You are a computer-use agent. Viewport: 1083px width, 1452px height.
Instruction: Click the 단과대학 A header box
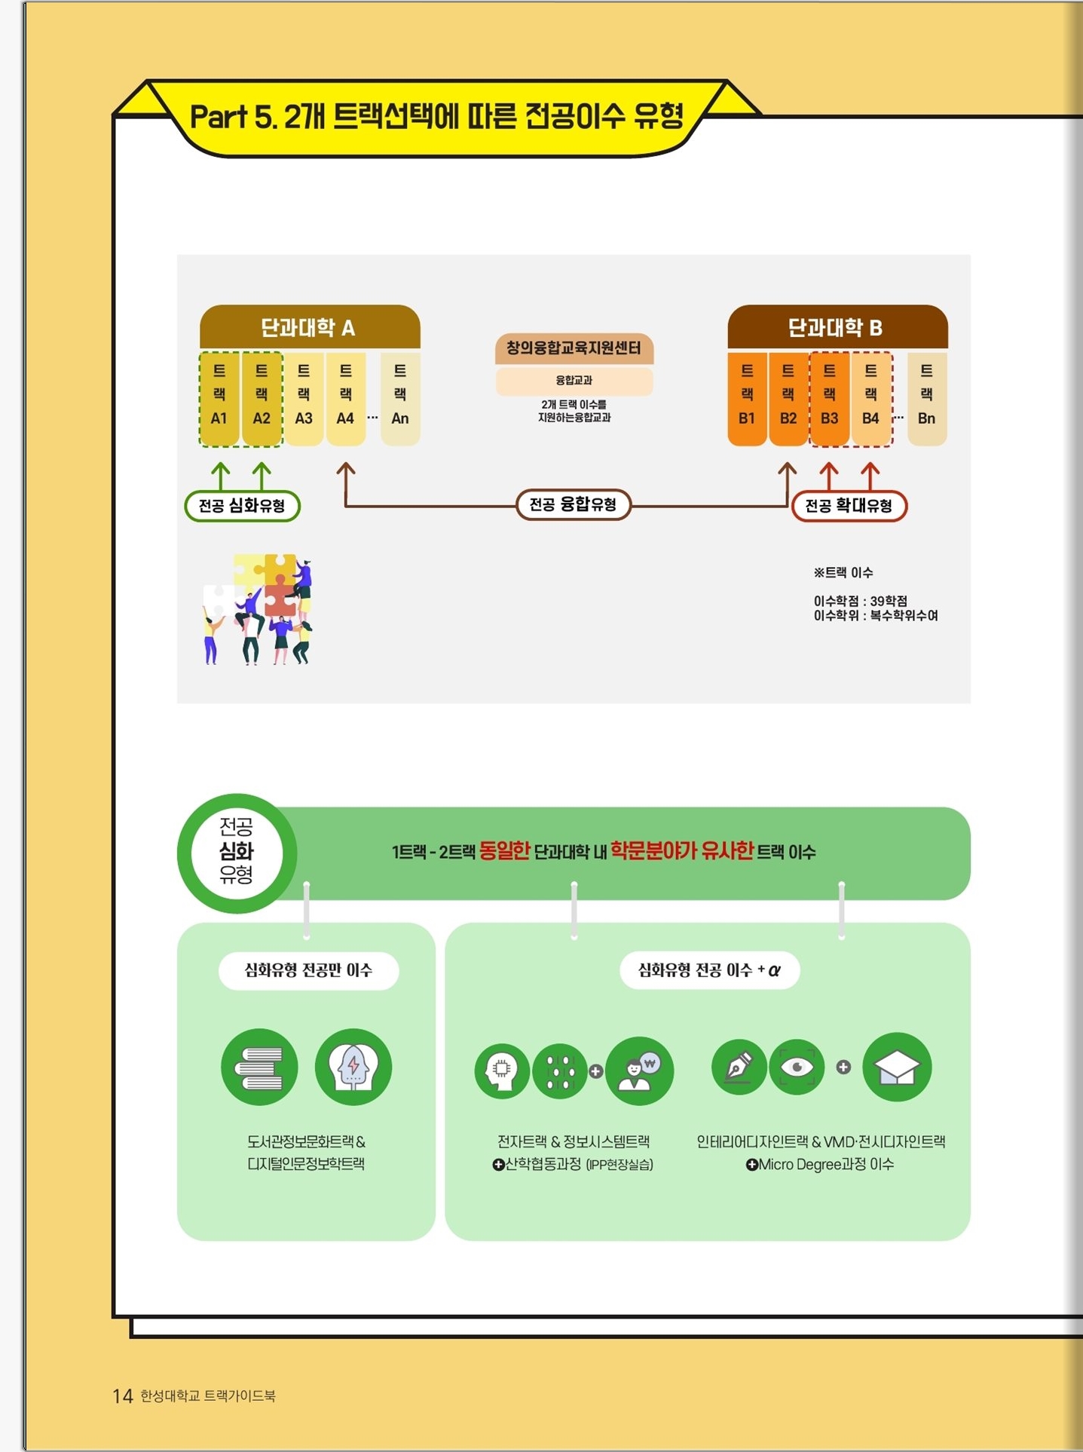coord(310,327)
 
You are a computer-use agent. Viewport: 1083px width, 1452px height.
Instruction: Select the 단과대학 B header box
coord(837,327)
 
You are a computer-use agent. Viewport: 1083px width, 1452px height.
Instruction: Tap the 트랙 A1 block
coord(219,398)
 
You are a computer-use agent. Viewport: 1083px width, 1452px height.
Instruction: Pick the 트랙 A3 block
coord(304,398)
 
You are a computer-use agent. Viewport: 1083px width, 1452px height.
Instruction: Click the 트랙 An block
coord(400,398)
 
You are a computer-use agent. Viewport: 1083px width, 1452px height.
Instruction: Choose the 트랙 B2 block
coord(788,398)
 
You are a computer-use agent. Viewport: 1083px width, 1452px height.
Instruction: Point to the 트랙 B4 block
coord(870,398)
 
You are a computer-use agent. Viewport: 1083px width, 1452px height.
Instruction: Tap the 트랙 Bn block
coord(927,398)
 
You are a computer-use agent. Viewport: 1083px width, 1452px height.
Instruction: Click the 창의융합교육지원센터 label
coord(574,348)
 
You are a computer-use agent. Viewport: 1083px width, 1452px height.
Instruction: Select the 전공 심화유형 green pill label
coord(242,506)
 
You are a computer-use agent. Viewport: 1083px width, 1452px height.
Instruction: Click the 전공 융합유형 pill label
coord(574,504)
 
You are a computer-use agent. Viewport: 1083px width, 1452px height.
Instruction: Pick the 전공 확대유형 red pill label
coord(849,506)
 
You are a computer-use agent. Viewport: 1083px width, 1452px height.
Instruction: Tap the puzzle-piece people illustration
coord(257,609)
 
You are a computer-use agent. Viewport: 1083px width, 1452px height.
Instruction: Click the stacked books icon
coord(259,1067)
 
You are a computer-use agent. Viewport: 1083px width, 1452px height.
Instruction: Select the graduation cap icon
coord(897,1067)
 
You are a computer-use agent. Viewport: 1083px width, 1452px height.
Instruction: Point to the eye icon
coord(797,1067)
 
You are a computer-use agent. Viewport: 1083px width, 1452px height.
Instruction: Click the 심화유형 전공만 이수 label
coord(308,970)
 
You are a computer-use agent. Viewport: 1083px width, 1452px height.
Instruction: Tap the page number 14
coord(123,1396)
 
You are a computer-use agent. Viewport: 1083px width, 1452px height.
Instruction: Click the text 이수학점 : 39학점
coord(861,601)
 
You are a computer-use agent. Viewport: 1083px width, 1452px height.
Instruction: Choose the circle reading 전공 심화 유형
coord(237,853)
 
